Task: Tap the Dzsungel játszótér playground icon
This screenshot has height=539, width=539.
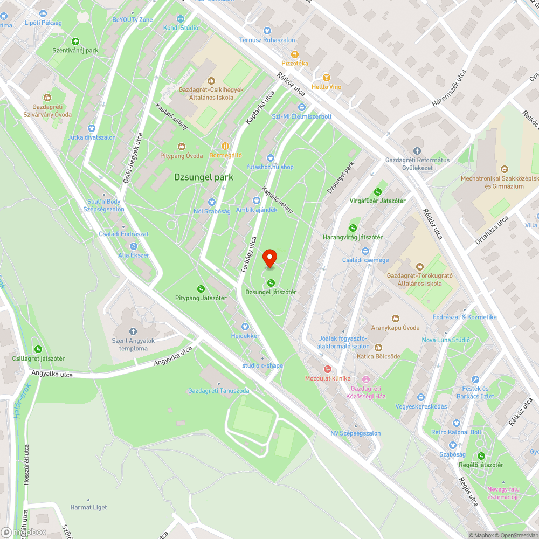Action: pyautogui.click(x=271, y=282)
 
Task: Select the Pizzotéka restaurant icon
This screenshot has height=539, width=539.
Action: pyautogui.click(x=295, y=54)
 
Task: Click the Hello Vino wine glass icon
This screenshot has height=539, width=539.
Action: pyautogui.click(x=326, y=78)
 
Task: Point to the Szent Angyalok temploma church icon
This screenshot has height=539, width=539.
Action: pyautogui.click(x=133, y=331)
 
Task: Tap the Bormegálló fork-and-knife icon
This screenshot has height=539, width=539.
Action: pyautogui.click(x=226, y=146)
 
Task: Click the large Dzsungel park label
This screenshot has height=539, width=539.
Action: pyautogui.click(x=203, y=177)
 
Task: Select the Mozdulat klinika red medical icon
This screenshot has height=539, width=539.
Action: pyautogui.click(x=327, y=369)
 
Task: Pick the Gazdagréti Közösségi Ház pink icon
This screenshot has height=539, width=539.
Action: pyautogui.click(x=366, y=380)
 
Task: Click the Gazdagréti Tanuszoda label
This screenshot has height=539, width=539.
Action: pyautogui.click(x=218, y=391)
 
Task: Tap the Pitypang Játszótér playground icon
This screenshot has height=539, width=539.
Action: pyautogui.click(x=201, y=289)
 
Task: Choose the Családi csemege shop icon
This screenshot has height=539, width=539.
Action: pyautogui.click(x=365, y=251)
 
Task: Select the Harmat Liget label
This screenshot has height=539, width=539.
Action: pyautogui.click(x=88, y=507)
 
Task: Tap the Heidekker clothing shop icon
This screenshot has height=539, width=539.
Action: pyautogui.click(x=245, y=326)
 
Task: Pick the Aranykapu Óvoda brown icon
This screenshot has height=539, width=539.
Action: pyautogui.click(x=395, y=318)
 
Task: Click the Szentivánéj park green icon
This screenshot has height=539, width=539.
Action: pyautogui.click(x=75, y=41)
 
